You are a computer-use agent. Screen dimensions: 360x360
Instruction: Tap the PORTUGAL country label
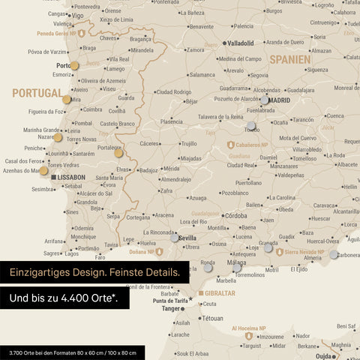coord(37,93)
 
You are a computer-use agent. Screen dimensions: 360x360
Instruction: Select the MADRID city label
coord(279,100)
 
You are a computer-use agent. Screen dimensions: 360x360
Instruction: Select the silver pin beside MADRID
coord(265,99)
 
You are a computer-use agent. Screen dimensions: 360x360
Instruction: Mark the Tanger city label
coord(171,308)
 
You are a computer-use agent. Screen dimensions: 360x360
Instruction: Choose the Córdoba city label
coord(235,215)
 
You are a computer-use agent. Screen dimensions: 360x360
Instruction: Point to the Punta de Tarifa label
coord(169,301)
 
